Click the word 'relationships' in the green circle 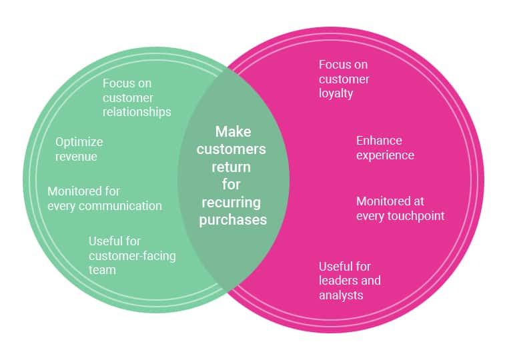point(137,112)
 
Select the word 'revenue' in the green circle point(76,157)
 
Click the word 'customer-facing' point(132,255)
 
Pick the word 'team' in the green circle point(102,270)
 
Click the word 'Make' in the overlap point(233,132)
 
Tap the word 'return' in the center point(233,167)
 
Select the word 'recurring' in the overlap point(233,202)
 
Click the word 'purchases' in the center point(233,219)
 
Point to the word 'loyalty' point(336,94)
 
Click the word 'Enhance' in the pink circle point(379,141)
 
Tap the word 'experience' point(385,155)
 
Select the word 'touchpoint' point(412,216)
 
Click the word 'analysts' point(341,295)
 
